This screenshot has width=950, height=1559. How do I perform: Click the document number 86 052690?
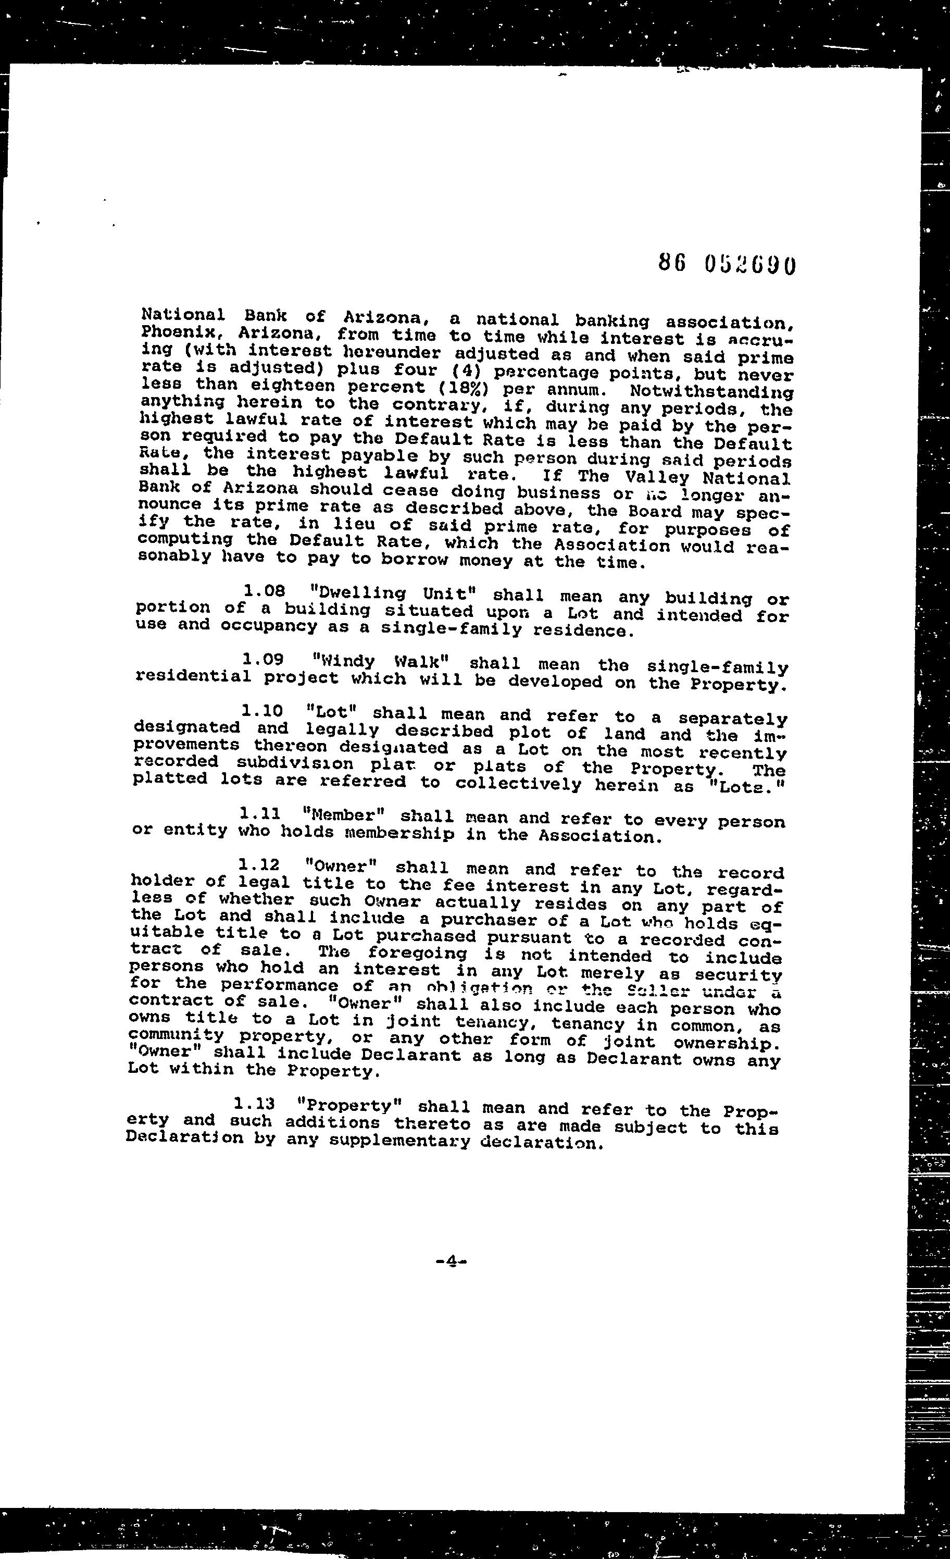726,264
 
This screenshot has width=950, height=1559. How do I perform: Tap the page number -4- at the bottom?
451,1261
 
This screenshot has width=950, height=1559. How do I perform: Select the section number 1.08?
265,591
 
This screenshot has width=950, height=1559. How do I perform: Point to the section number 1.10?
261,711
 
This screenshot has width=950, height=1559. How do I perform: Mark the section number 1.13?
254,1104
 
